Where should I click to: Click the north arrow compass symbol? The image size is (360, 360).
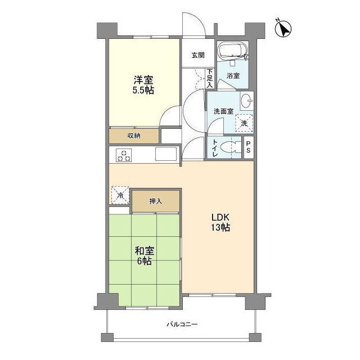pos(283,29)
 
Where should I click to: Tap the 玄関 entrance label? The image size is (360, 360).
pos(198,55)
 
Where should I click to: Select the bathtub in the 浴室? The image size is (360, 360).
pos(232,51)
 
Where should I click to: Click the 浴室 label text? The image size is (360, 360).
pos(233,75)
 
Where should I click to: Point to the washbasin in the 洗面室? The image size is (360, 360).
pos(246,101)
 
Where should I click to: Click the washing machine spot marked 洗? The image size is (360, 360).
pos(244,123)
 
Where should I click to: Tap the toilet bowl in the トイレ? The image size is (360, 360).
pos(230,147)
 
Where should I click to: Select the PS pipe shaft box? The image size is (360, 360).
pos(249,147)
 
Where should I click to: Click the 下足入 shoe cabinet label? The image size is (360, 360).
pos(210,78)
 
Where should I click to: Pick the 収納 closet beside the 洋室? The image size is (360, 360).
pos(134,136)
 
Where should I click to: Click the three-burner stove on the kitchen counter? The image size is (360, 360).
pos(124,155)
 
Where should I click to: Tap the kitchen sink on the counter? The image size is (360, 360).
pos(166,154)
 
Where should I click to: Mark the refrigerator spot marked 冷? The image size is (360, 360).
pos(120,195)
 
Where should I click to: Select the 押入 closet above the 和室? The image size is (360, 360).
pos(155,201)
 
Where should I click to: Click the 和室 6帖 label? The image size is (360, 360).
pos(145,256)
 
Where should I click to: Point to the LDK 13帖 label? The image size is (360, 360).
pos(220,222)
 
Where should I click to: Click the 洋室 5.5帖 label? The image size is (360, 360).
pos(143,85)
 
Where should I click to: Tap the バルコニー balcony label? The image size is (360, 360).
pos(182,325)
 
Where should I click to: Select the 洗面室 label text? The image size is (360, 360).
pos(224,111)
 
